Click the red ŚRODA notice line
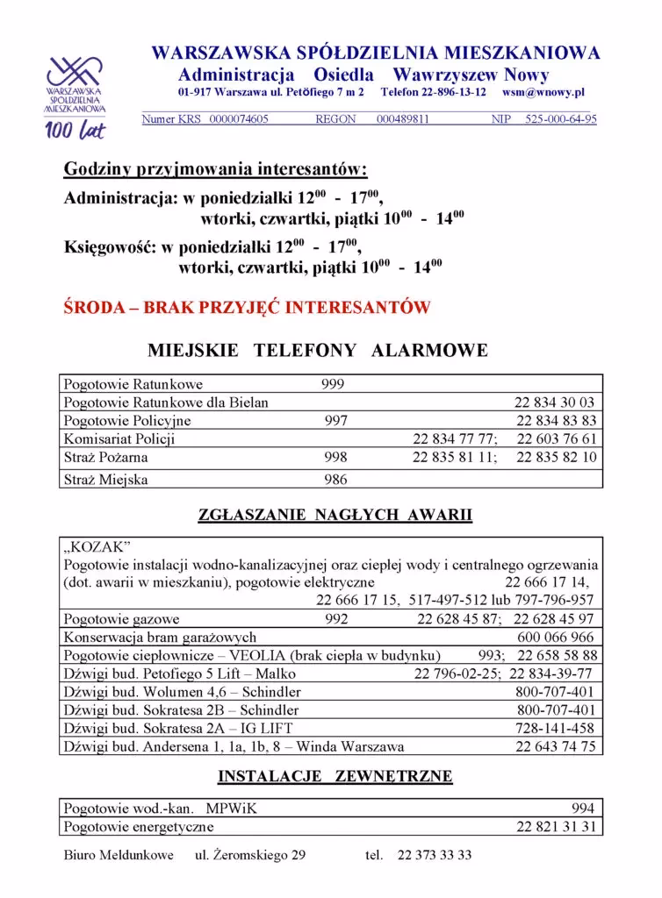(x=247, y=308)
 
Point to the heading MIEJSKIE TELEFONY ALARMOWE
(x=317, y=351)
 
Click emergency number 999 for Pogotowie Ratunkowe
(x=333, y=384)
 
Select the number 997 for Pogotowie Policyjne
(x=335, y=421)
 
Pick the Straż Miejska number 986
(x=335, y=480)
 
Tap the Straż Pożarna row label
(x=105, y=458)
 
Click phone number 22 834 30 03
(x=555, y=403)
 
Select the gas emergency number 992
(x=335, y=619)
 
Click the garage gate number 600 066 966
(x=555, y=638)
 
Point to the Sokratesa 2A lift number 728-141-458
(x=555, y=729)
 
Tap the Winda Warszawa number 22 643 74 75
(x=555, y=747)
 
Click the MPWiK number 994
(x=582, y=809)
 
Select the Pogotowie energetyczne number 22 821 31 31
(x=555, y=827)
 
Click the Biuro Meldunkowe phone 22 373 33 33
(x=434, y=855)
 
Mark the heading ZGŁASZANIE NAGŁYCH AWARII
(x=335, y=516)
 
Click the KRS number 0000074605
(x=239, y=119)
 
